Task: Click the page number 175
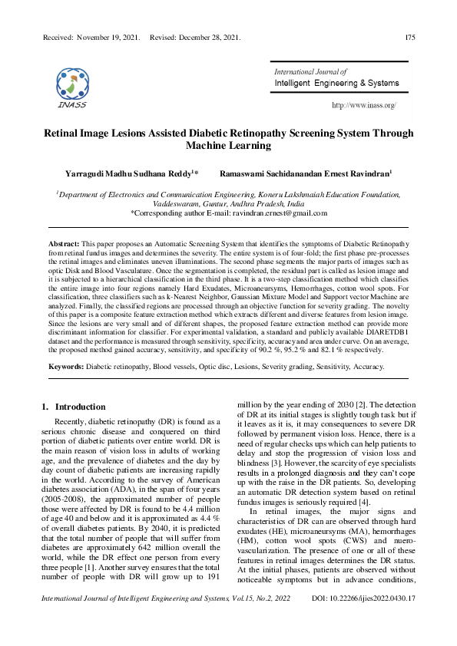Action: coord(411,37)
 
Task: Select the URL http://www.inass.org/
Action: coord(363,105)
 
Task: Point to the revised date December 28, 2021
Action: coord(207,37)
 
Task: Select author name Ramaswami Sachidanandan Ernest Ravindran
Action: coord(305,175)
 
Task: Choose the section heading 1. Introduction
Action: coord(73,407)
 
